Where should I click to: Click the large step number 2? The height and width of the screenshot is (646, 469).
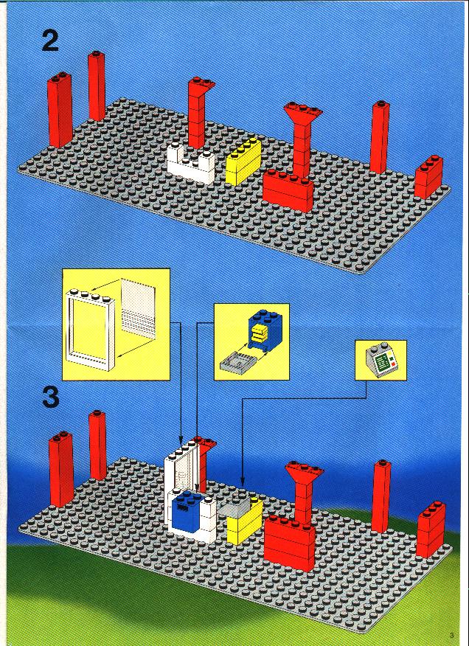pyautogui.click(x=50, y=41)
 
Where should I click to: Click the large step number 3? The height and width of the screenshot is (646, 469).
pyautogui.click(x=51, y=397)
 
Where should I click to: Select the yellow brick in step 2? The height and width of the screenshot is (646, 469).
pyautogui.click(x=243, y=161)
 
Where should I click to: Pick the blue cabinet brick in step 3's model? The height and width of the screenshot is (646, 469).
pyautogui.click(x=187, y=511)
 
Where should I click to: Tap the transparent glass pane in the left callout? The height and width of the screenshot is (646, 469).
pyautogui.click(x=139, y=308)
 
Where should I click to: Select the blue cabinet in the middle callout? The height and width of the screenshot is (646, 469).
pyautogui.click(x=265, y=330)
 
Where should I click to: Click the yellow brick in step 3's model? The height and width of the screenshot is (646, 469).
pyautogui.click(x=245, y=521)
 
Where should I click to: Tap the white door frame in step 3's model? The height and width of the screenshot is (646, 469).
pyautogui.click(x=181, y=482)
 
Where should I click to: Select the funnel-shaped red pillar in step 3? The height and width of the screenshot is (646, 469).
pyautogui.click(x=304, y=493)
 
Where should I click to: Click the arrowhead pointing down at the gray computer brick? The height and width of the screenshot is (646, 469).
pyautogui.click(x=243, y=481)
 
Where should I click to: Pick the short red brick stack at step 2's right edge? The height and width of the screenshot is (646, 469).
pyautogui.click(x=428, y=176)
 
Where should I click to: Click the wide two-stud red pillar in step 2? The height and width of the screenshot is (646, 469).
pyautogui.click(x=60, y=110)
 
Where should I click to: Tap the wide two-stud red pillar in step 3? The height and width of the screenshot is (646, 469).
pyautogui.click(x=61, y=469)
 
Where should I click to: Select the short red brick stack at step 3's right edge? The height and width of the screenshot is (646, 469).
pyautogui.click(x=431, y=529)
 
